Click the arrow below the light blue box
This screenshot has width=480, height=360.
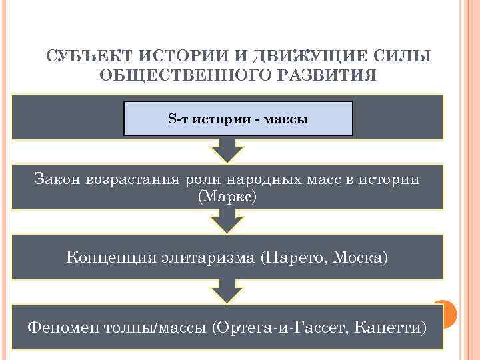(x=228, y=151)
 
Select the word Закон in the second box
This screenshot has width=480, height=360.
(x=57, y=179)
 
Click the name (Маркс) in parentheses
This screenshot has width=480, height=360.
(x=227, y=197)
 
